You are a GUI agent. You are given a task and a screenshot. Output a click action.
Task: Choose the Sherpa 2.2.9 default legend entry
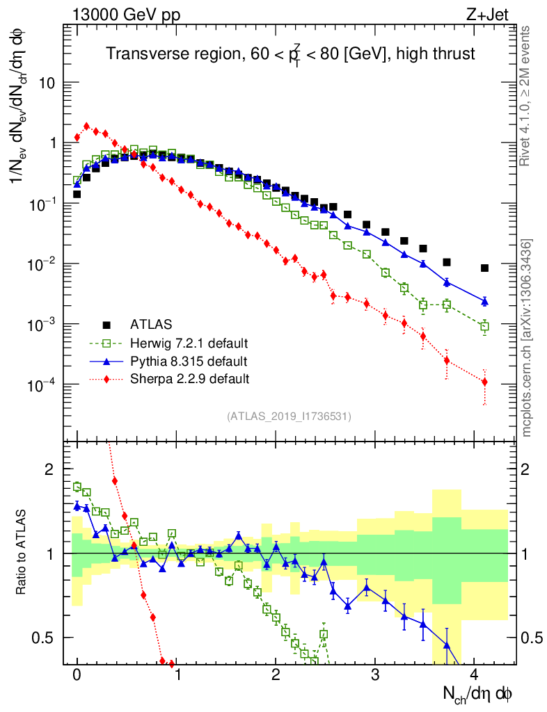pos(189,379)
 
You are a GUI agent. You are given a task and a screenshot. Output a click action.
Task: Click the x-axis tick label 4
pos(474,675)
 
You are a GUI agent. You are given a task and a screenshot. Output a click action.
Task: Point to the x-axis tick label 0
pos(77,675)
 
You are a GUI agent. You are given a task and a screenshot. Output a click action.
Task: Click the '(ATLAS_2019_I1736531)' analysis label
pos(289,416)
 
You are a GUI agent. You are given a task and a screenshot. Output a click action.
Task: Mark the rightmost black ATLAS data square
pos(484,268)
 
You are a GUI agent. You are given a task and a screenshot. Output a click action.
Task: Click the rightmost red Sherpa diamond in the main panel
pos(484,382)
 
